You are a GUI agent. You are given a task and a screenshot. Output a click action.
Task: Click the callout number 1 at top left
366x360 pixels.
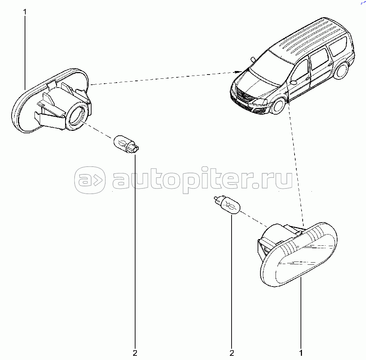(25, 12)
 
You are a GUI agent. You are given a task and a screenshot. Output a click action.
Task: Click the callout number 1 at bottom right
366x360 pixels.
(301, 353)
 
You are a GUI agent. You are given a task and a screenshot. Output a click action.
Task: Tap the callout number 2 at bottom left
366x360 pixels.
(135, 353)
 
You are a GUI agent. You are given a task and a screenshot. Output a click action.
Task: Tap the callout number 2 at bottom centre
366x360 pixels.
(232, 353)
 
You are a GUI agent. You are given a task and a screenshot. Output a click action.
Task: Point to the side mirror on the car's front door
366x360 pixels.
(293, 82)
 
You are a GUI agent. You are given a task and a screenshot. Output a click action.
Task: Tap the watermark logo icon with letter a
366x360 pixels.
(90, 180)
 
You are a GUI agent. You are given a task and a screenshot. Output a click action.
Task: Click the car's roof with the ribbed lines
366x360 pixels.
(310, 35)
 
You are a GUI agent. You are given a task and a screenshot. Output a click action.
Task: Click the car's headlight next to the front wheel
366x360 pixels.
(260, 102)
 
